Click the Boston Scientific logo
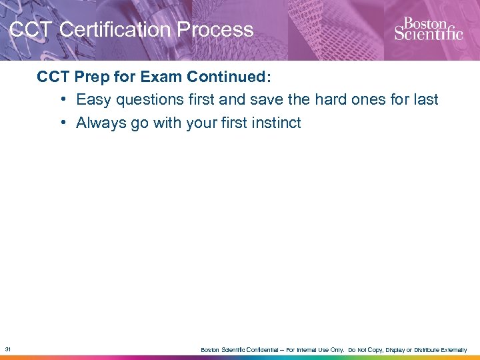tap(428, 29)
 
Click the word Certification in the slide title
tap(106, 30)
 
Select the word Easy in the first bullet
tap(93, 100)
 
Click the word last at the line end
tap(425, 100)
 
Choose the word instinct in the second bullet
tap(275, 123)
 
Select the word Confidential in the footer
tap(255, 350)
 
